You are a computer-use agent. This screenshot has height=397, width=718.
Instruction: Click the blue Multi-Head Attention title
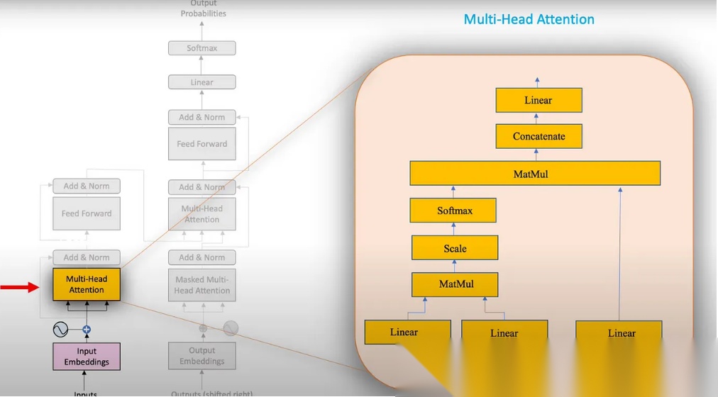pyautogui.click(x=529, y=19)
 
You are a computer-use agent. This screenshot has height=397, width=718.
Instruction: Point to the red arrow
pyautogui.click(x=19, y=287)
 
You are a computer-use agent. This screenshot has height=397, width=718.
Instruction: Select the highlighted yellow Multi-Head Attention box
pyautogui.click(x=87, y=284)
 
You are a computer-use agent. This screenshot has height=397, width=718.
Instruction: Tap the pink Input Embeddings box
pyautogui.click(x=87, y=356)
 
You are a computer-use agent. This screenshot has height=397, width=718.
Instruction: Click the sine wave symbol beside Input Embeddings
pyautogui.click(x=61, y=330)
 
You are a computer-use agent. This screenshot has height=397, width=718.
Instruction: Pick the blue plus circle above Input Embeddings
pyautogui.click(x=87, y=330)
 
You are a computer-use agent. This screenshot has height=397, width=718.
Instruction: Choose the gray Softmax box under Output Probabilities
pyautogui.click(x=201, y=48)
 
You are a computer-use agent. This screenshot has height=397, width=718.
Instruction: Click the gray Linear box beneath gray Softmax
pyautogui.click(x=201, y=82)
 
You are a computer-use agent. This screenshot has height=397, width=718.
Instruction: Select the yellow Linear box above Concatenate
pyautogui.click(x=538, y=100)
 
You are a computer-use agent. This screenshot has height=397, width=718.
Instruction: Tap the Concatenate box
pyautogui.click(x=538, y=136)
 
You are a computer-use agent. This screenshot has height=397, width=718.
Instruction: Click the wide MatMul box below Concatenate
pyautogui.click(x=535, y=174)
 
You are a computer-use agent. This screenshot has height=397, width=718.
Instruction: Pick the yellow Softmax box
pyautogui.click(x=454, y=211)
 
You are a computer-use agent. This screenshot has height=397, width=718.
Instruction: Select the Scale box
pyautogui.click(x=455, y=248)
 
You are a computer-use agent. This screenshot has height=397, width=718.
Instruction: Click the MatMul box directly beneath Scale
pyautogui.click(x=455, y=284)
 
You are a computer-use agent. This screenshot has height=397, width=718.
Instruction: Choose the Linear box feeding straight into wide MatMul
pyautogui.click(x=619, y=332)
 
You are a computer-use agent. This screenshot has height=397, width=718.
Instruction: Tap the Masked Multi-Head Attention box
pyautogui.click(x=202, y=285)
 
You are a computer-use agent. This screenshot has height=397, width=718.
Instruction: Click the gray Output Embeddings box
pyautogui.click(x=202, y=356)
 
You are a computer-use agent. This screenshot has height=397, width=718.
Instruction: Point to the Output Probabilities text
pyautogui.click(x=203, y=9)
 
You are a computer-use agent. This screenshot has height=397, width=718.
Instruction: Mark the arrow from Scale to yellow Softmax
pyautogui.click(x=454, y=229)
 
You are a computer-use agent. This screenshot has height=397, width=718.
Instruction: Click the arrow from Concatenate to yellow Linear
pyautogui.click(x=538, y=118)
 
